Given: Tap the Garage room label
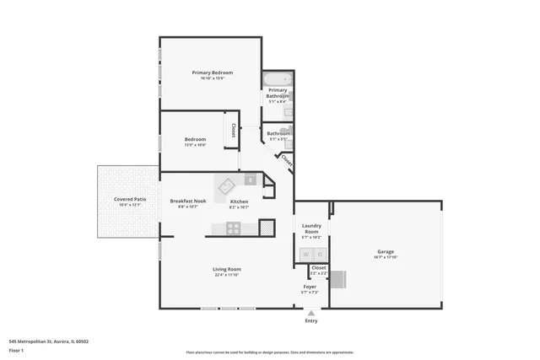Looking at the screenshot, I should click(x=385, y=251).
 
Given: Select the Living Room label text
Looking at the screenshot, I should click(x=227, y=269).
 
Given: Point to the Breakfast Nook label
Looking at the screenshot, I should click(x=187, y=201).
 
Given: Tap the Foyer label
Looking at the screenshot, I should click(x=310, y=287).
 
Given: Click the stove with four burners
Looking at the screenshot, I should click(x=232, y=227).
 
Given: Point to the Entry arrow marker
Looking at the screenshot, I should click(x=310, y=313).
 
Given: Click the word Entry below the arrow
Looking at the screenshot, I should click(x=310, y=321).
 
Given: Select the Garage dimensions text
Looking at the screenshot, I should click(x=385, y=257).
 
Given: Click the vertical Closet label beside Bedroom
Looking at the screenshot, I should click(x=233, y=132).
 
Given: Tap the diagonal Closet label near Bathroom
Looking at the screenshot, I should click(x=286, y=159).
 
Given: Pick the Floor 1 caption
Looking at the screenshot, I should click(x=16, y=349).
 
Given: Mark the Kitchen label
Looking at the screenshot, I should click(x=239, y=201).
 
